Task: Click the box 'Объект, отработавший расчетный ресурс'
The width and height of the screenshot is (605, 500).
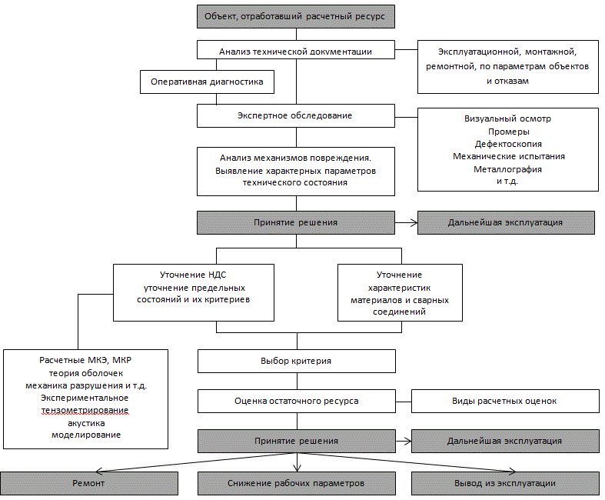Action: (296, 17)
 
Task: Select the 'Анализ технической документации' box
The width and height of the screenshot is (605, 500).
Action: (296, 50)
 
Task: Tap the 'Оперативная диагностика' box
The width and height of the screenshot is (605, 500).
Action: (208, 82)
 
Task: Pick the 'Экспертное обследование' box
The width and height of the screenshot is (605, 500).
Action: (296, 116)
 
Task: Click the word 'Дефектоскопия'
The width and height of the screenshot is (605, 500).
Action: (508, 144)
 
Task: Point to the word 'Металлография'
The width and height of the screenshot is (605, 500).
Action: (508, 169)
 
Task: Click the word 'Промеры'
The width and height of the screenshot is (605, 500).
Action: (509, 132)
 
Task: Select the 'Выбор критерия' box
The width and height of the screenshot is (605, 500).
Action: (297, 362)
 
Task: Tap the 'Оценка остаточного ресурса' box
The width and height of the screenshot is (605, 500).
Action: (297, 402)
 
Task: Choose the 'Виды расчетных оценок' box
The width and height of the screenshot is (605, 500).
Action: (506, 402)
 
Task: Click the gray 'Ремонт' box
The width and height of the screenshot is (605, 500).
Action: (89, 483)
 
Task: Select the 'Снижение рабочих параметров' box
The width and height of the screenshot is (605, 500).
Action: (297, 483)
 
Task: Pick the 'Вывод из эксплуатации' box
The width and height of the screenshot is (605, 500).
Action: (506, 483)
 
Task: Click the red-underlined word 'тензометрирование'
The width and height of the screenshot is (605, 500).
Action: (85, 411)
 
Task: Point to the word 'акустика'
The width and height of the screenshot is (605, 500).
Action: (86, 423)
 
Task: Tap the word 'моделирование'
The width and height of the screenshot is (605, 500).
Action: (86, 435)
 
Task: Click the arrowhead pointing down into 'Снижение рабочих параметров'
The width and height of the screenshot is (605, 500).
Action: (297, 468)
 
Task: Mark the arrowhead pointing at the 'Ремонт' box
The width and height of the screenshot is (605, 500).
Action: (98, 471)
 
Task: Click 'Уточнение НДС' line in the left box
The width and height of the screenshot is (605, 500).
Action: (193, 275)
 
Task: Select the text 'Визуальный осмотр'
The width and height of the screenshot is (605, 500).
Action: (508, 119)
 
